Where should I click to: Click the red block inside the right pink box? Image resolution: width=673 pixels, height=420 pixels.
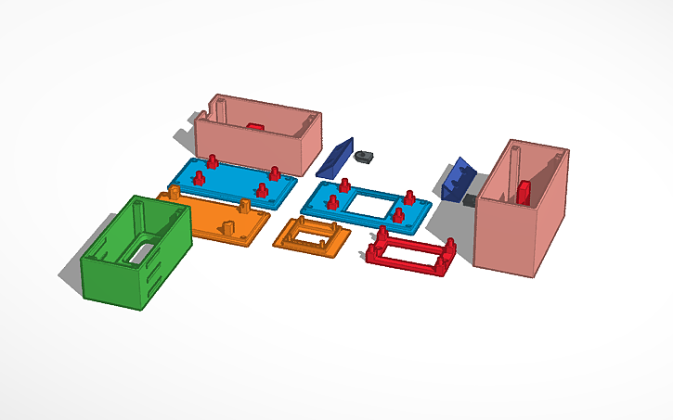pyautogui.click(x=524, y=191)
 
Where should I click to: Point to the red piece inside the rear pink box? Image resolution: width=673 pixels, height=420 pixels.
pyautogui.click(x=256, y=125)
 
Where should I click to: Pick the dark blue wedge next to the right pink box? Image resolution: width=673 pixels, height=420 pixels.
pyautogui.click(x=458, y=180)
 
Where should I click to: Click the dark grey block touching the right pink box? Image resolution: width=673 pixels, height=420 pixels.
pyautogui.click(x=471, y=199)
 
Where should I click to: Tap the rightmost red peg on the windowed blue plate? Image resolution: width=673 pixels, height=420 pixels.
pyautogui.click(x=408, y=197)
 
